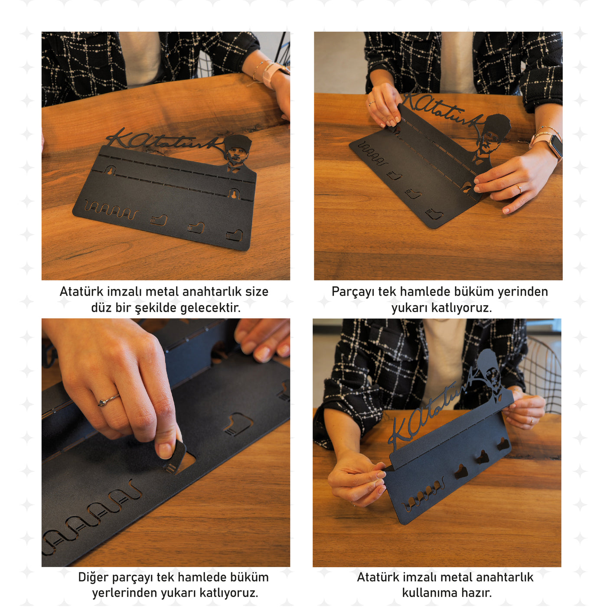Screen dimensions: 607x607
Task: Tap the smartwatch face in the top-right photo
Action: click(x=555, y=146)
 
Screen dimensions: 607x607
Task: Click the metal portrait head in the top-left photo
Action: click(x=238, y=152)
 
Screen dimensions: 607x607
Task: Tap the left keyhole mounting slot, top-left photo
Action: click(x=110, y=170)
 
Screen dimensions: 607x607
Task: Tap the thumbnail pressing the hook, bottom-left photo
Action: click(x=165, y=450)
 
